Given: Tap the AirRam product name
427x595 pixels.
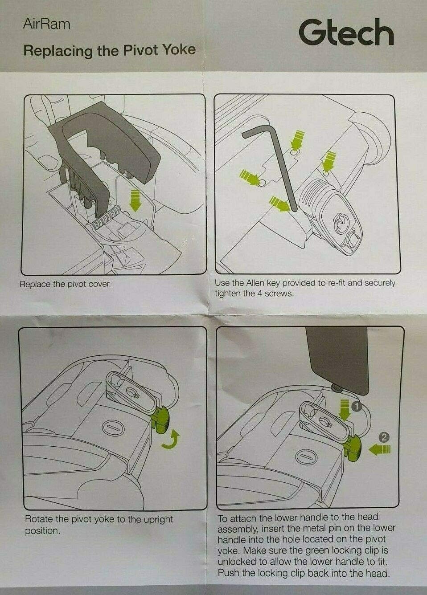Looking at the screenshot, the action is [47, 24].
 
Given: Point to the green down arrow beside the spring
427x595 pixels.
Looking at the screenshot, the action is [135, 201].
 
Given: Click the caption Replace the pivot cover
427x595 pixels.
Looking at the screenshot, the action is [65, 284].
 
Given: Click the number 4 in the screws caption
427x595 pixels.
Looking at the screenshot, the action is [259, 294].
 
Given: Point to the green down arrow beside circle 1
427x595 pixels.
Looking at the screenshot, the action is [345, 410].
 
